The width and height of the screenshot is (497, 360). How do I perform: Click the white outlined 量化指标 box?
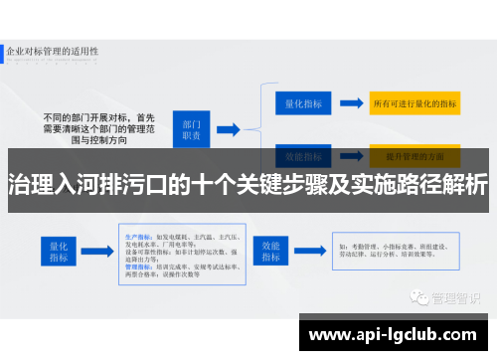point(304,103)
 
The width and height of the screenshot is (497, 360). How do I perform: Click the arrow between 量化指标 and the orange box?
point(351,103)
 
